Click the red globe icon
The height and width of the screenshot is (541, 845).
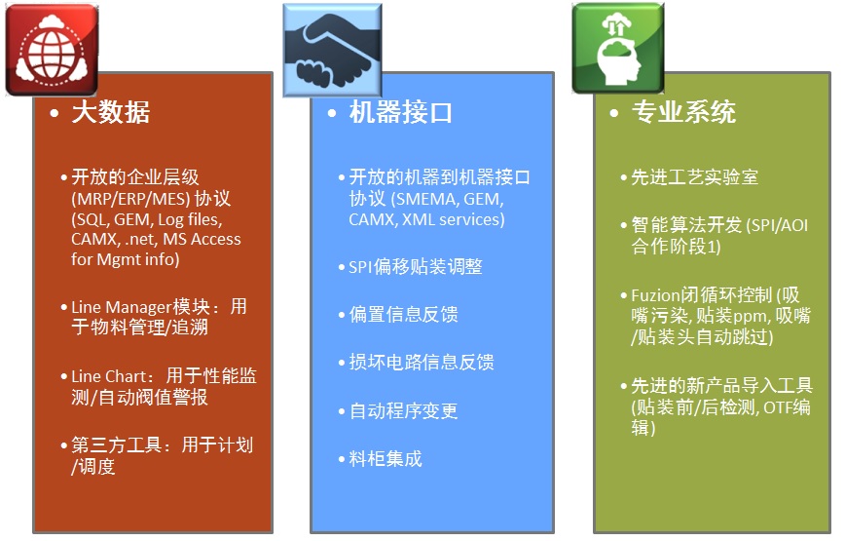pos(52,50)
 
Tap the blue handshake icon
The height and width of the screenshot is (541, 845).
pos(333,50)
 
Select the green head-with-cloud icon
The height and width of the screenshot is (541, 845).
pos(618,48)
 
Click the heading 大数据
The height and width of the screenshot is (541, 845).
pos(111,113)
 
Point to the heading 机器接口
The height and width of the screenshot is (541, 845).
pos(400,113)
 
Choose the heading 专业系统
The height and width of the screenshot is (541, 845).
pos(683,112)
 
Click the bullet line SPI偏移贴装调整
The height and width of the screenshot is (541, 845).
pos(416,266)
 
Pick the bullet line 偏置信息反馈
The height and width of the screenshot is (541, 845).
pos(404,315)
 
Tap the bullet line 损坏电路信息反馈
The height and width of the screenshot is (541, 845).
pos(422,362)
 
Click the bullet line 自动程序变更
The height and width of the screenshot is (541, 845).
pos(404,411)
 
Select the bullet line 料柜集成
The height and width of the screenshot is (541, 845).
pos(386,459)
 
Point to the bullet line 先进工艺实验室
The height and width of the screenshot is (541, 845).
pos(695,176)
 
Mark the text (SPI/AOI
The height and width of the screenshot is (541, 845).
pos(777,225)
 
